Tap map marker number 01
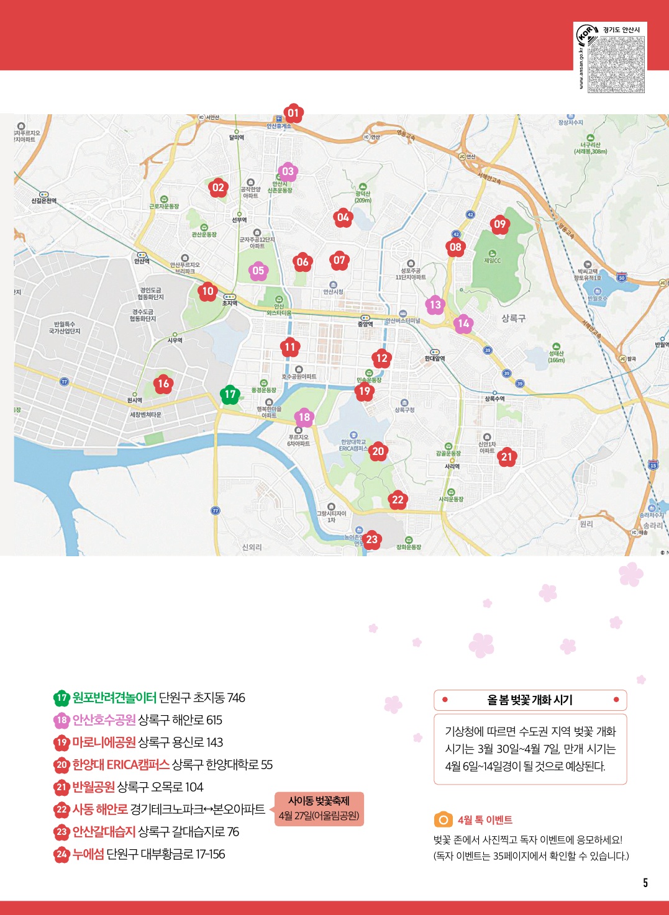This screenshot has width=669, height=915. (x=293, y=113)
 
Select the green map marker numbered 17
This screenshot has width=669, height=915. (x=230, y=394)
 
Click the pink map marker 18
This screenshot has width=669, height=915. (x=304, y=417)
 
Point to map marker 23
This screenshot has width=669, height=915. (x=371, y=539)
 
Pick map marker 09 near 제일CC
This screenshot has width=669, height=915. (x=500, y=224)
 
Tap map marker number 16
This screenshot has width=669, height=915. (x=163, y=384)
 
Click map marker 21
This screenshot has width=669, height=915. (x=507, y=457)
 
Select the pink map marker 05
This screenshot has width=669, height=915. (x=258, y=270)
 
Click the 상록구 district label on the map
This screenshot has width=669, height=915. (x=513, y=318)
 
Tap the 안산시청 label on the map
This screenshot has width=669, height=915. (x=333, y=291)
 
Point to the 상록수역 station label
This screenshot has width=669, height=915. (x=494, y=399)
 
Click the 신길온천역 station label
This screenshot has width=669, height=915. (x=43, y=201)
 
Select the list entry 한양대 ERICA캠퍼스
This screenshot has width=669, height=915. (x=121, y=765)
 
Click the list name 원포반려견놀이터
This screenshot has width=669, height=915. (x=114, y=698)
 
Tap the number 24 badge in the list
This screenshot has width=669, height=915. (x=61, y=854)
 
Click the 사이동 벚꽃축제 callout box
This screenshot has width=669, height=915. (x=319, y=808)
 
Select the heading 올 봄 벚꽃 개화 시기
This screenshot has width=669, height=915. (x=530, y=700)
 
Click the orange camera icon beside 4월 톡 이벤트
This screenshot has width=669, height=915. (x=443, y=820)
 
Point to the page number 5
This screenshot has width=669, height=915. (x=645, y=883)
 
